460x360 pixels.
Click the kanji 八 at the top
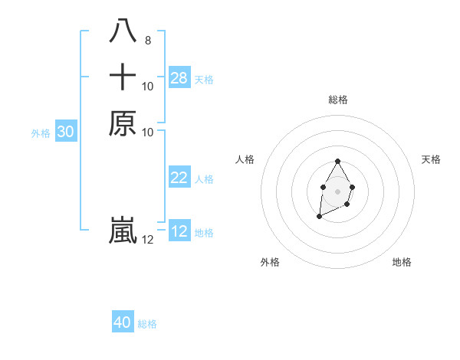[x=123, y=32]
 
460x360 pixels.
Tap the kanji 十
[x=123, y=77]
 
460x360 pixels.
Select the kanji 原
[x=123, y=123]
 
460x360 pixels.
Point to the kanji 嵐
[x=123, y=231]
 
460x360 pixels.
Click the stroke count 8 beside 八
[x=148, y=41]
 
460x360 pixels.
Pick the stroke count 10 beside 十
[x=148, y=87]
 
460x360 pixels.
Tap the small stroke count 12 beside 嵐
[x=148, y=240]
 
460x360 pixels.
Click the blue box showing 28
[x=179, y=77]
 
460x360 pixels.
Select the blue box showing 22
[x=179, y=178]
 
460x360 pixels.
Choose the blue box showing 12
[x=179, y=231]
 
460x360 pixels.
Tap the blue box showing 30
[x=66, y=132]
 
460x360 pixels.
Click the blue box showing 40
[x=123, y=322]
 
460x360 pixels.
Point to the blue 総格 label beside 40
[x=148, y=324]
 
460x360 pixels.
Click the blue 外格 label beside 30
[x=41, y=133]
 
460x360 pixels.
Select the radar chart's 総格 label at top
[x=338, y=100]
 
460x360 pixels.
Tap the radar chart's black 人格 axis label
[x=245, y=159]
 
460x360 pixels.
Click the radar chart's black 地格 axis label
[x=402, y=262]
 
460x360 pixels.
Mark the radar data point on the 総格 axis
[x=338, y=162]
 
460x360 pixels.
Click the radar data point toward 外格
[x=319, y=217]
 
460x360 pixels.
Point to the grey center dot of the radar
[x=338, y=190]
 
